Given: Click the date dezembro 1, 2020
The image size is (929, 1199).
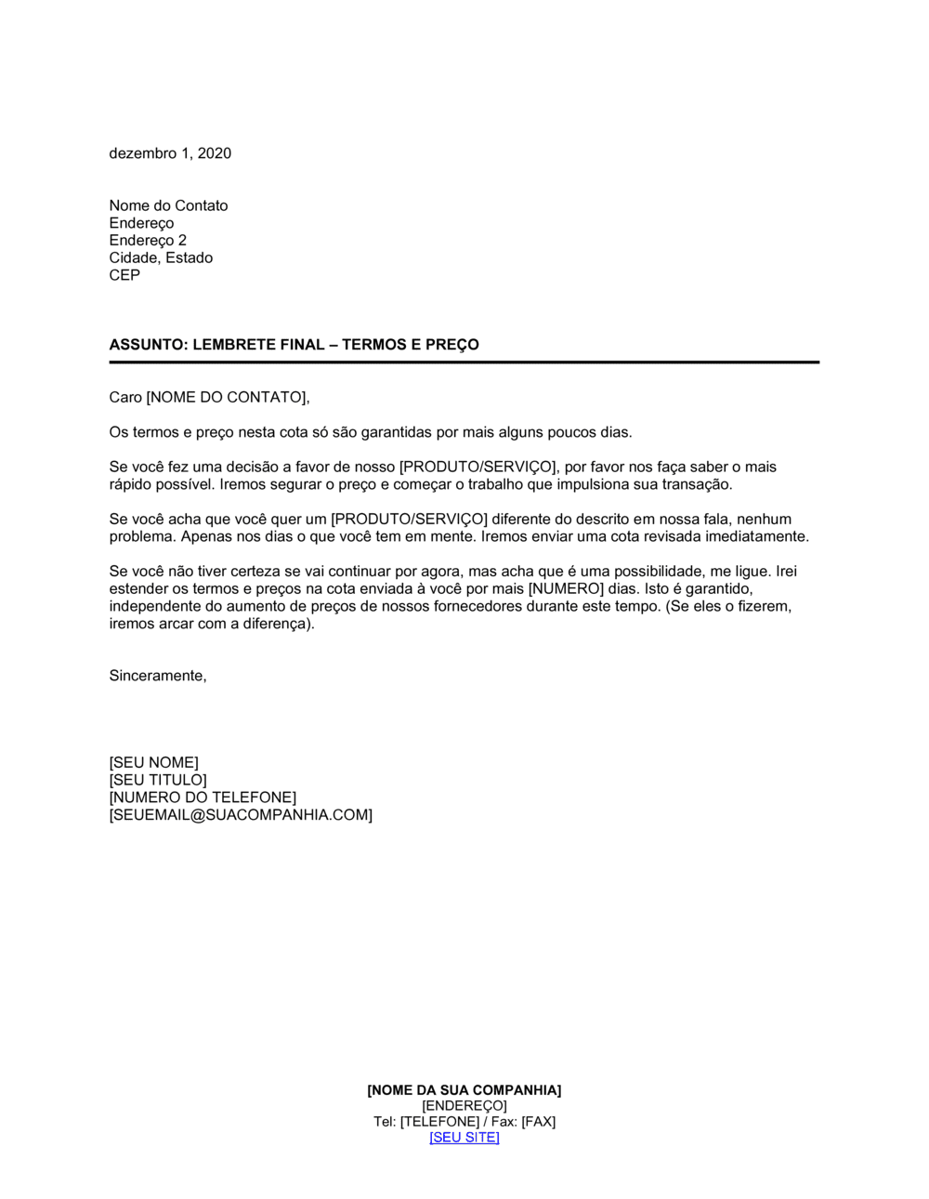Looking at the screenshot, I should coord(170,153).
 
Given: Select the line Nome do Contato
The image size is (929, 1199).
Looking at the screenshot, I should coord(168,205).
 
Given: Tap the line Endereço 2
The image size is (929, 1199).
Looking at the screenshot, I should coord(148,240).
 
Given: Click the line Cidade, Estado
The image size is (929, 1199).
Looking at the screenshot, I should coord(161,257).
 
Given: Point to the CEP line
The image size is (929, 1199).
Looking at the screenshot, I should coord(124,275).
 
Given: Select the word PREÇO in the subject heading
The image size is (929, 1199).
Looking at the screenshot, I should coord(451,345).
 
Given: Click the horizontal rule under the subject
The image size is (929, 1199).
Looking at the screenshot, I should coord(464,362).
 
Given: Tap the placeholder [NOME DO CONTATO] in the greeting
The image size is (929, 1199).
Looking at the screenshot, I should coord(226,398).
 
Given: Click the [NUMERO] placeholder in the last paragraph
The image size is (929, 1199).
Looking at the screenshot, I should coord(566,589).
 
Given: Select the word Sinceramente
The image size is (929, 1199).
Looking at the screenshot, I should coord(157,676).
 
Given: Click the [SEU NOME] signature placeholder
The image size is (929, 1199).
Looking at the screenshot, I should coord(153,763).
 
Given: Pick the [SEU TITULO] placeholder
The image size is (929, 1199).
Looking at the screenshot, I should coord(158,780).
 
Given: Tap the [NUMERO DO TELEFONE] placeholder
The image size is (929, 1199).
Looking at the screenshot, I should coord(203,797).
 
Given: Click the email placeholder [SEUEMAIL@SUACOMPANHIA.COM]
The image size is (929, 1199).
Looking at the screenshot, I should coord(241,815).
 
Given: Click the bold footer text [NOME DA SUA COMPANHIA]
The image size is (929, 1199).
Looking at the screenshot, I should coord(464,1090).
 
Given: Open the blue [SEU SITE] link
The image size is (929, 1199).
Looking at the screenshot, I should coord(464,1138).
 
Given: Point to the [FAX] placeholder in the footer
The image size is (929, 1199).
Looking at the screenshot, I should coord(538,1122).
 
